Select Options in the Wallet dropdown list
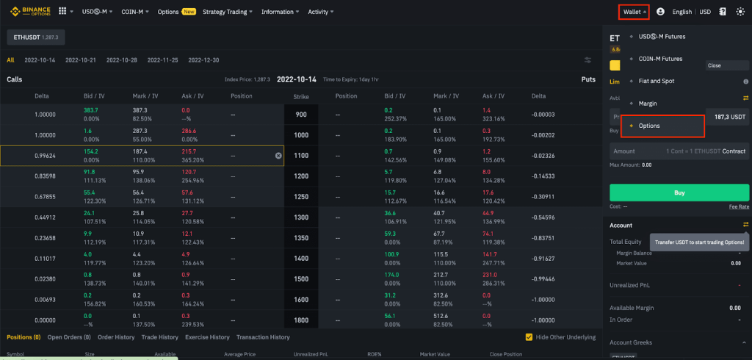(x=649, y=126)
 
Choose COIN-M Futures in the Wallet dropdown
(x=660, y=59)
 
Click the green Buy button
(x=679, y=192)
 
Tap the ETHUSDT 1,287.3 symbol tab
(x=36, y=36)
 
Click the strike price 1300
(x=301, y=217)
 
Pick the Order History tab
(x=116, y=337)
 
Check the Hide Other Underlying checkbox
(x=529, y=337)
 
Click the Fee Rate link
(x=739, y=206)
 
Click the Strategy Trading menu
(x=227, y=12)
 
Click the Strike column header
(x=301, y=96)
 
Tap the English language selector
(x=681, y=12)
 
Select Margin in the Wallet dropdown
(x=648, y=104)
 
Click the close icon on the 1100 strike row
(x=278, y=156)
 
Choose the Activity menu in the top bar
(x=320, y=12)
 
